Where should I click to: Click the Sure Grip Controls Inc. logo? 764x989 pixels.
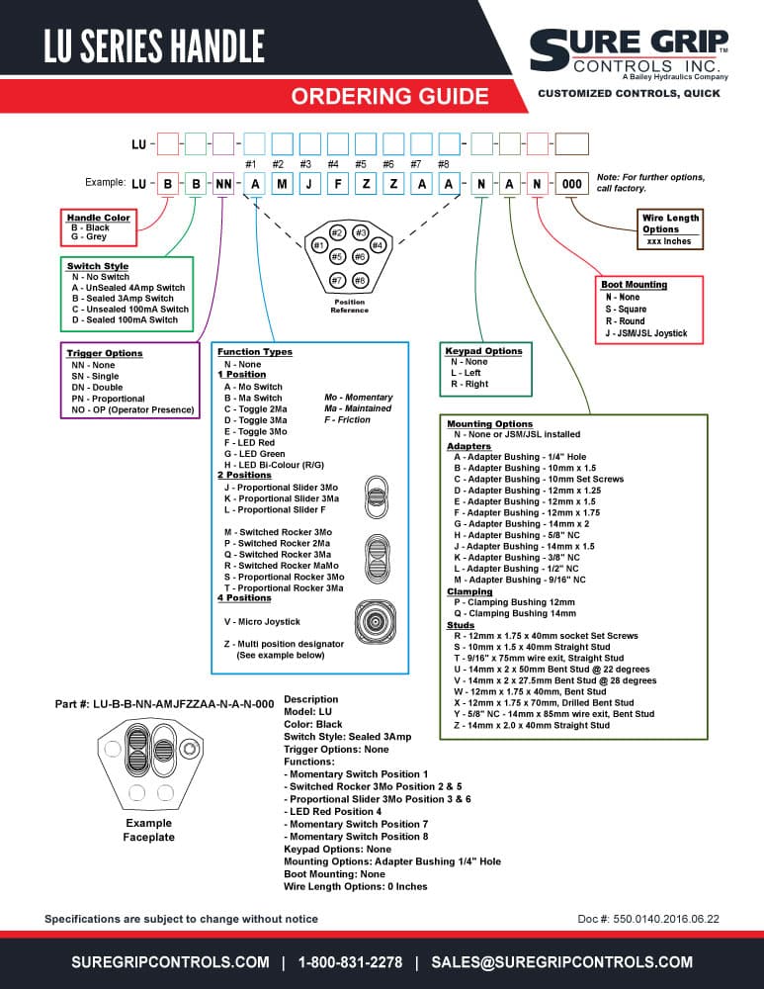[630, 54]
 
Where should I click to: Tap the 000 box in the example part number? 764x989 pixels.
[571, 184]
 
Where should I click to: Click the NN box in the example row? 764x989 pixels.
[223, 184]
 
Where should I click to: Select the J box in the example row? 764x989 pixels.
[309, 184]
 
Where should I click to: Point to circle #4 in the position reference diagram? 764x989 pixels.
[377, 244]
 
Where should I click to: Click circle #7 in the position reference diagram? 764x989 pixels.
[338, 280]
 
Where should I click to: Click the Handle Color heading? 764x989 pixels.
[98, 218]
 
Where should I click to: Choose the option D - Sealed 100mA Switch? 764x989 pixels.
[125, 319]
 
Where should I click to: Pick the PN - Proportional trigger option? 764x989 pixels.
[108, 399]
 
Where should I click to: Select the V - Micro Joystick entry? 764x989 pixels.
[262, 621]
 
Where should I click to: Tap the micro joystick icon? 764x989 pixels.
[375, 621]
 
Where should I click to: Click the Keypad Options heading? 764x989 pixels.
[483, 351]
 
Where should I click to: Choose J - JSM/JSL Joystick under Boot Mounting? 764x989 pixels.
[646, 333]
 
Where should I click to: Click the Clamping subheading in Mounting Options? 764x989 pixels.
[469, 591]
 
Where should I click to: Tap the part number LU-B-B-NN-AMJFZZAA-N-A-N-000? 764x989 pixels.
[184, 704]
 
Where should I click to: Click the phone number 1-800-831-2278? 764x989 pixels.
[350, 962]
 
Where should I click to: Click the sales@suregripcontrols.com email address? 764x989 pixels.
[561, 962]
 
